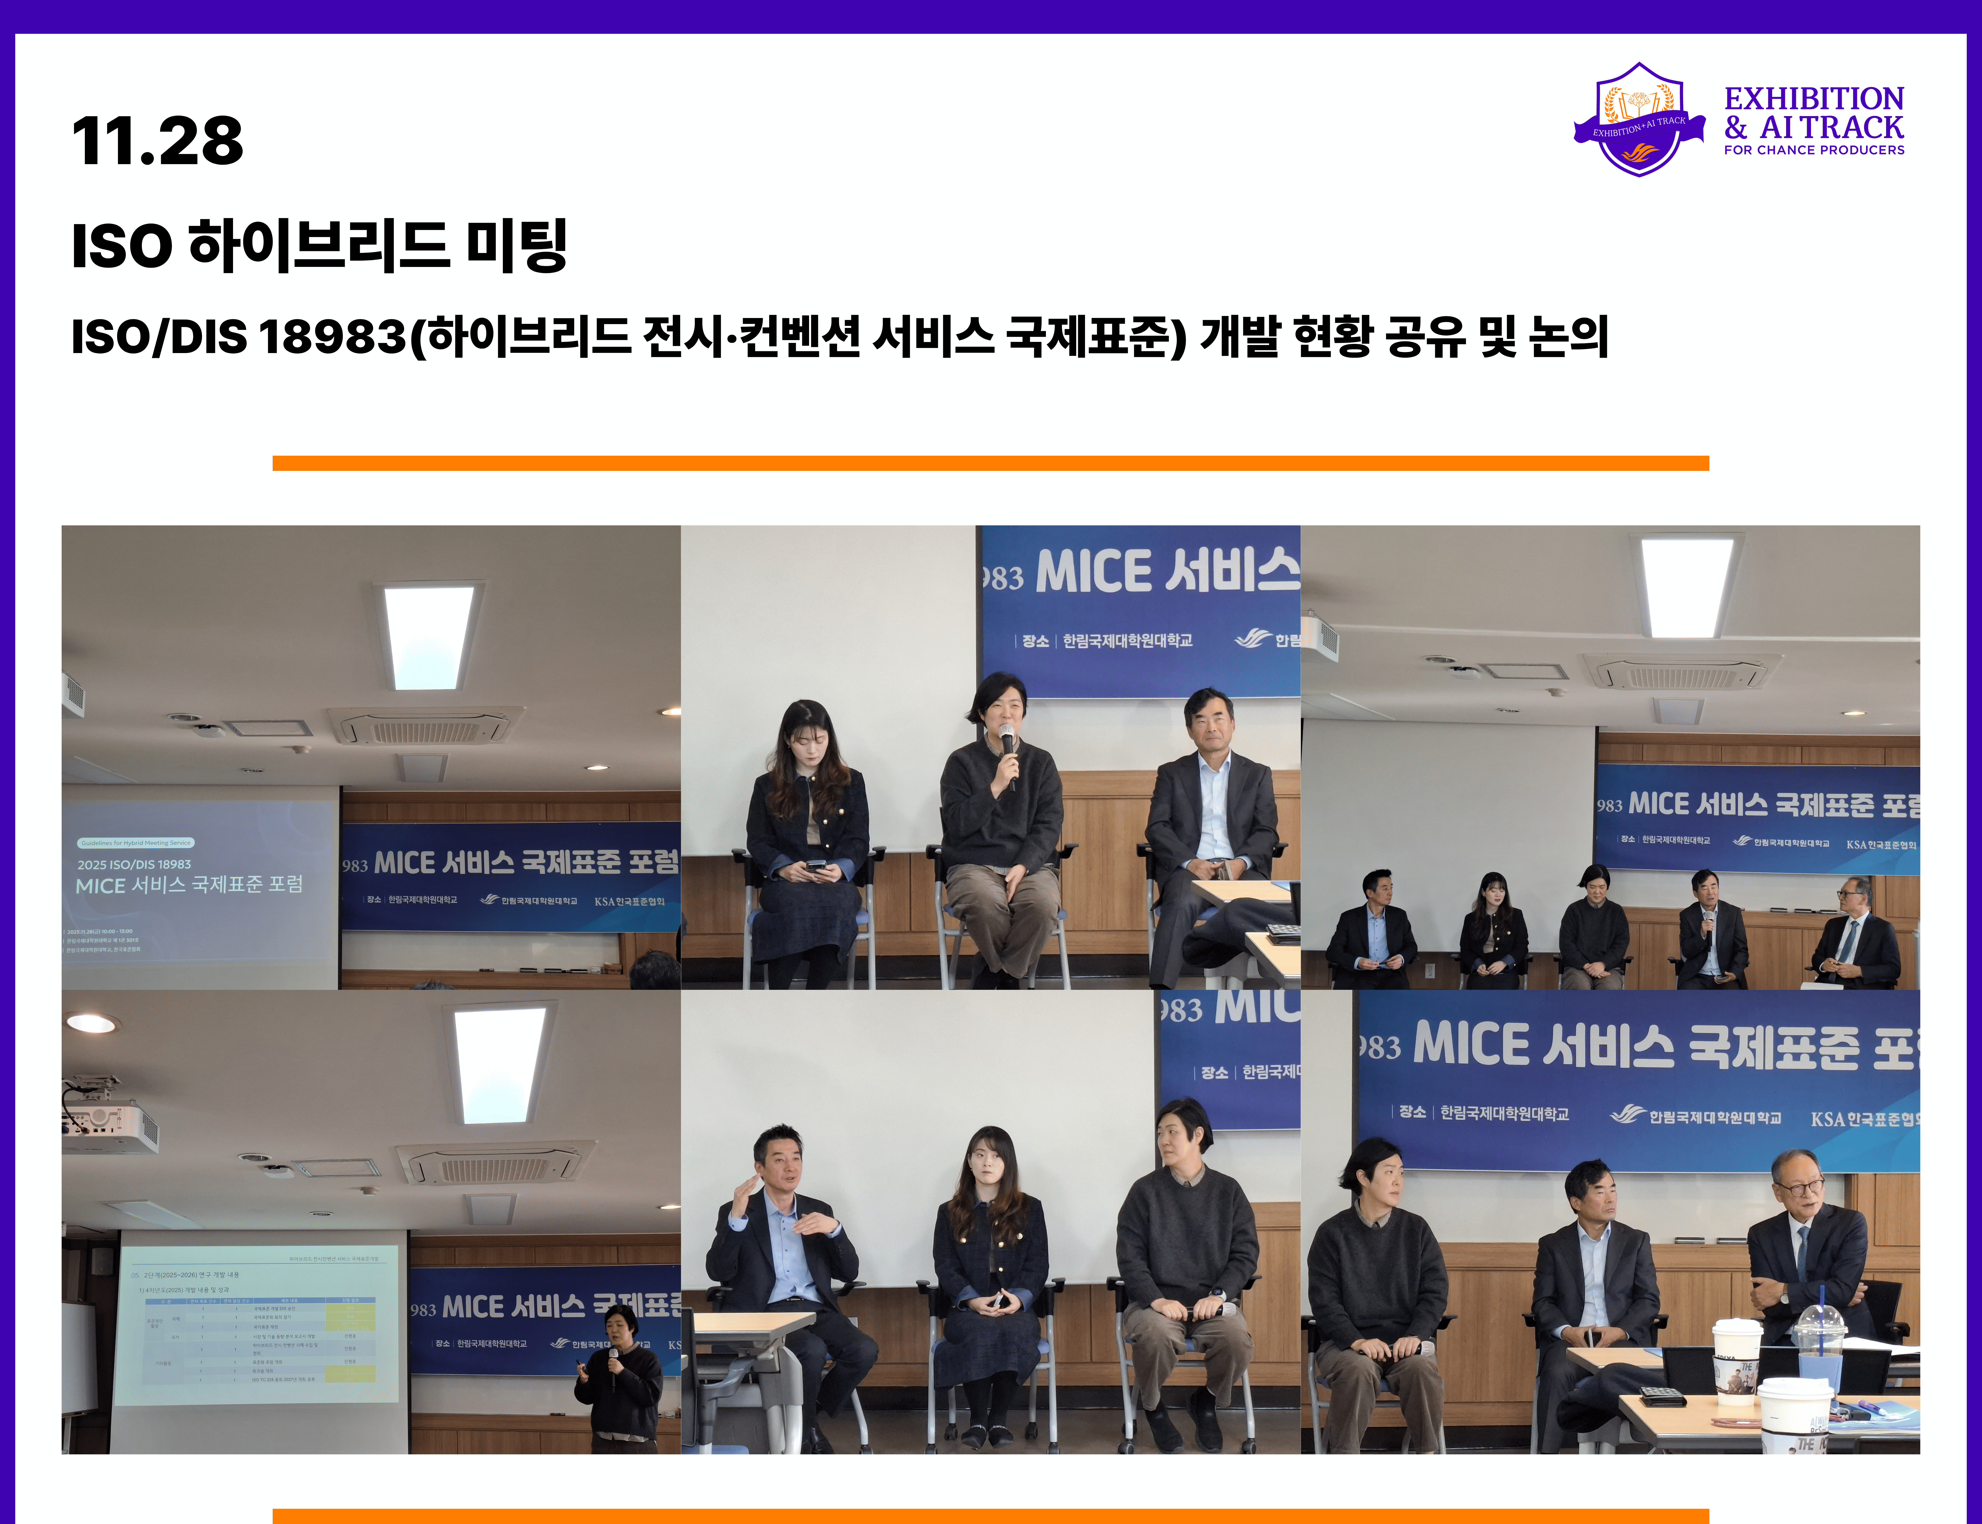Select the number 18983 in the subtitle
pos(332,338)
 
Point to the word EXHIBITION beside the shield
pos(1813,98)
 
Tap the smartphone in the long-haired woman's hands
pos(816,866)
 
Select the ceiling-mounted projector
pos(109,1120)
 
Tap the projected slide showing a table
pos(259,1324)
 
